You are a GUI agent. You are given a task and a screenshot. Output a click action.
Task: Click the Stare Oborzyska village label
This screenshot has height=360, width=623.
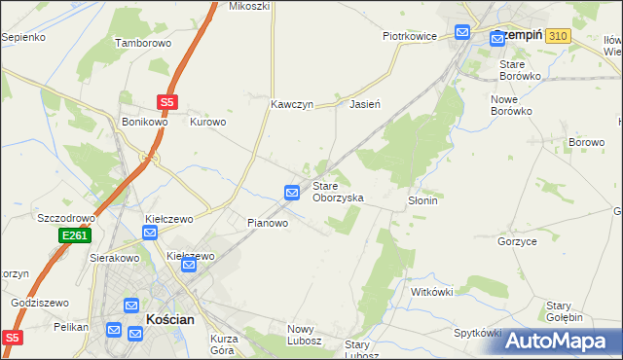tap(338, 192)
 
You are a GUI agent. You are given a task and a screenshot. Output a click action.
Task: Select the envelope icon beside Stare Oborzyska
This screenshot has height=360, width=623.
tap(292, 193)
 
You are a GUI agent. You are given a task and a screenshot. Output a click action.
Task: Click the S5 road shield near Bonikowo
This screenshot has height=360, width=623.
tap(168, 100)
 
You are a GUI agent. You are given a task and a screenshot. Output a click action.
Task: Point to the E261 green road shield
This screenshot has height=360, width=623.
tap(75, 236)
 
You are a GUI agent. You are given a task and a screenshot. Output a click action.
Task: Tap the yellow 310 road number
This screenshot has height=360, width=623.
tap(557, 35)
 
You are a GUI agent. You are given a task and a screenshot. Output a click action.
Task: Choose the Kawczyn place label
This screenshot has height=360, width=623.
tap(292, 103)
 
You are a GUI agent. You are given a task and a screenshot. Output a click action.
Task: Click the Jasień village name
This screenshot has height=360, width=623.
tap(364, 103)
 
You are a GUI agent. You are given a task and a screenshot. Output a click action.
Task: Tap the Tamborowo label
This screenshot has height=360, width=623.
tap(143, 44)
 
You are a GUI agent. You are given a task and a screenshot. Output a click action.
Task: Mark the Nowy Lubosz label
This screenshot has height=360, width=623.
tap(305, 336)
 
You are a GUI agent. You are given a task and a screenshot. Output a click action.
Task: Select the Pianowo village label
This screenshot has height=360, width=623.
tap(267, 223)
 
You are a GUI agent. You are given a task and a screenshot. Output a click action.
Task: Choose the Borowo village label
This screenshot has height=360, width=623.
tap(587, 142)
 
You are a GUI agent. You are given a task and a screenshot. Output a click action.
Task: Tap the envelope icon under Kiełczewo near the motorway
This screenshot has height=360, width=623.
tap(151, 233)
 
